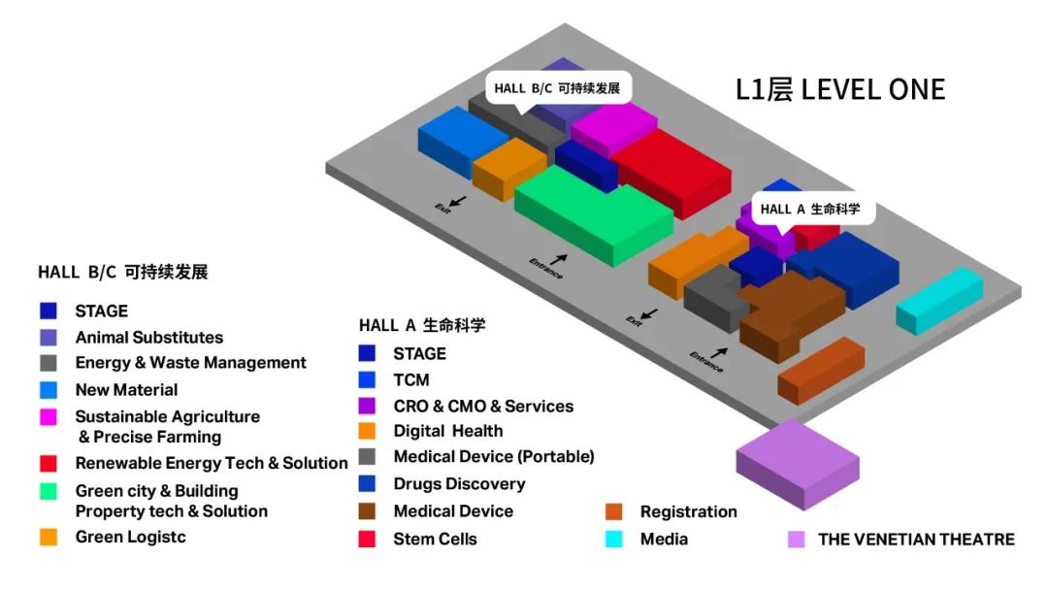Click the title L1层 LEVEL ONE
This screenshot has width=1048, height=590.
coord(839,90)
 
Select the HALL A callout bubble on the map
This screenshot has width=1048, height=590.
coord(809,209)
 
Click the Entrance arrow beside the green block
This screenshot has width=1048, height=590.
coord(559,259)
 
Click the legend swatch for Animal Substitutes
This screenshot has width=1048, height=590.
coord(49,338)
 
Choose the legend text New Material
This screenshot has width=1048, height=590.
coord(126,390)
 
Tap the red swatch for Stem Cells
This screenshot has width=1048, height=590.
coord(367,539)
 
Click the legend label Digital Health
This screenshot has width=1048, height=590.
coord(447,431)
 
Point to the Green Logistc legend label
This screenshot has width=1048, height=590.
coord(130,537)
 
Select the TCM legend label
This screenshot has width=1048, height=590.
coord(410,379)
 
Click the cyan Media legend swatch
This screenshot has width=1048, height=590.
coord(613,539)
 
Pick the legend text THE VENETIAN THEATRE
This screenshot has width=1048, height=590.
coord(916,539)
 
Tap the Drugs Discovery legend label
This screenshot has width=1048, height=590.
coord(459,484)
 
